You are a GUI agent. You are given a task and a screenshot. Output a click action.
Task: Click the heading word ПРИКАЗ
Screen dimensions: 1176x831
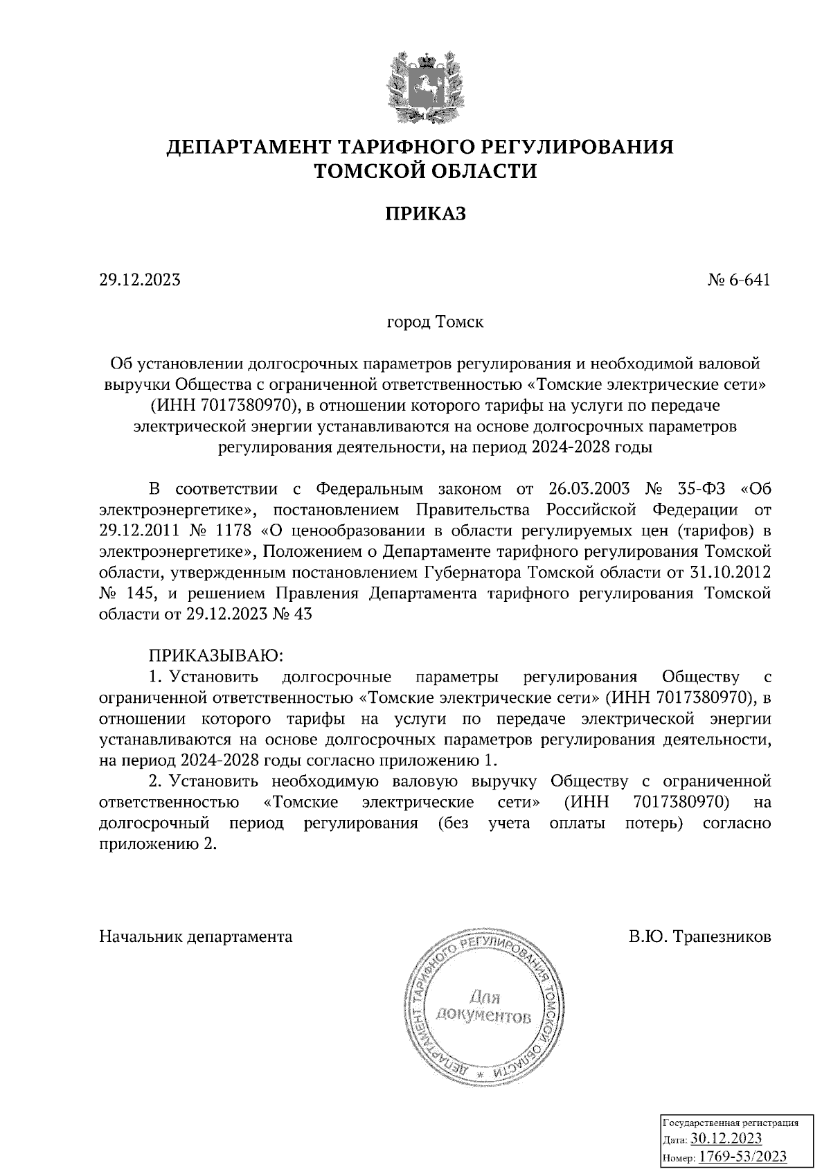425,213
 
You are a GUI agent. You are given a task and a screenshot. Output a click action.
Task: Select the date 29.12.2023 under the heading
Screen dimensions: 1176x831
141,280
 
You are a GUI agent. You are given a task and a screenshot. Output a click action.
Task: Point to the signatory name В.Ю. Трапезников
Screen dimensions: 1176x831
699,937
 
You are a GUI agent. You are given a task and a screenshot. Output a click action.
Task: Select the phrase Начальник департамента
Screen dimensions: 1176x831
196,937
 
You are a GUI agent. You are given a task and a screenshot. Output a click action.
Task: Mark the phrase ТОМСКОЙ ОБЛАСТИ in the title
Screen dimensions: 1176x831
425,171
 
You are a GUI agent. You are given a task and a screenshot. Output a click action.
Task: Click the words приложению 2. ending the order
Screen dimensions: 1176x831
154,844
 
